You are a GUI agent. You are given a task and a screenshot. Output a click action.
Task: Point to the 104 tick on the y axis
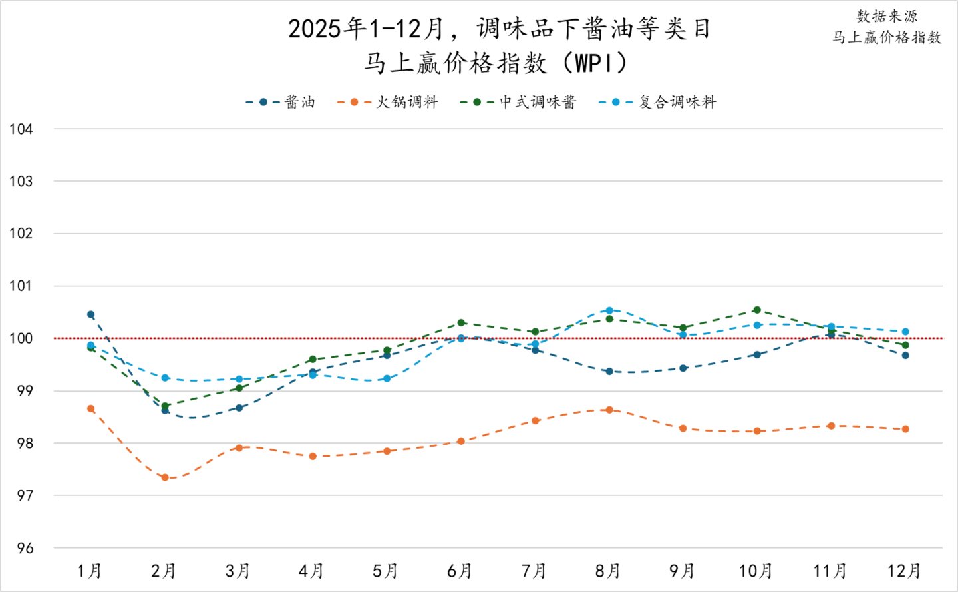[21, 129]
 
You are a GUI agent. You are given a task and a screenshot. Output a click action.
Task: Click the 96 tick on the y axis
[25, 549]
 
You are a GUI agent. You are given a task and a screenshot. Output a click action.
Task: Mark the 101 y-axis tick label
[21, 286]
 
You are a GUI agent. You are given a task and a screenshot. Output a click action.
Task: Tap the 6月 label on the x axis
[460, 571]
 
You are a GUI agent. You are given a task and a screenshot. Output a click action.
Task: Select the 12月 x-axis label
[905, 571]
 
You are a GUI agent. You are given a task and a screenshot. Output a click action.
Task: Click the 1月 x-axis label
[90, 571]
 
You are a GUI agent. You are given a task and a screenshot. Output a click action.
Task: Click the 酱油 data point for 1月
[91, 314]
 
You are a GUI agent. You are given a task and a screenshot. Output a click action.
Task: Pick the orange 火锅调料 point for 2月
[165, 477]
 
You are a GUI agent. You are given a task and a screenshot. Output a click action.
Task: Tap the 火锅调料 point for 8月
[609, 410]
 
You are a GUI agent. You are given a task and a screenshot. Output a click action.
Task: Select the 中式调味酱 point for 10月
[757, 310]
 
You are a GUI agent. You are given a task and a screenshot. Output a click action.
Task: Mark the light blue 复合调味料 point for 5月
[387, 378]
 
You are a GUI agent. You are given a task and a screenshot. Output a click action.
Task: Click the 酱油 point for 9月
[683, 368]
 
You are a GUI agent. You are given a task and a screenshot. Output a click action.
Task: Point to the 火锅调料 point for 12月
[905, 429]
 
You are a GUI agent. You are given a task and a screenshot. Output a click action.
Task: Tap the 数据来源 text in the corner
[887, 17]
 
